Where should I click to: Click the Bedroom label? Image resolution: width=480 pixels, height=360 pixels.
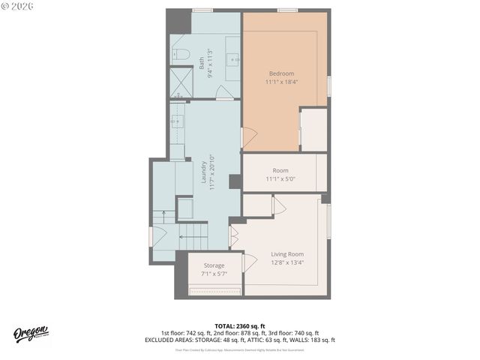pos(281,73)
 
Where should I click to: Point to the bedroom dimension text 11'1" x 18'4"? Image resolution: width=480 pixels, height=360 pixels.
pos(281,82)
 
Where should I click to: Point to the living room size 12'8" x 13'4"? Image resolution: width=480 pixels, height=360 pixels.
pos(287,263)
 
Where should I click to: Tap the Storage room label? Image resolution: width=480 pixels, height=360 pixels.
pos(214,265)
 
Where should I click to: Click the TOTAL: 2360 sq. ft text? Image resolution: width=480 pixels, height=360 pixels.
pos(240,325)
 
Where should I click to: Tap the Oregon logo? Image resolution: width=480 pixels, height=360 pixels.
pos(31,334)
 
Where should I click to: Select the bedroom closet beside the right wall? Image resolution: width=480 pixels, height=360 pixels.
pos(313,130)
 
